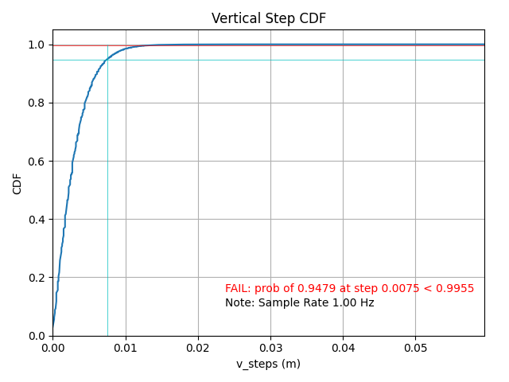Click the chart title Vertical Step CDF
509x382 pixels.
268,19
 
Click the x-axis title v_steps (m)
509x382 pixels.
268,364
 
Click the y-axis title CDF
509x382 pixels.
17,183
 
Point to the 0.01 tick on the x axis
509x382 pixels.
125,348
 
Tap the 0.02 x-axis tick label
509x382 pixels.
198,348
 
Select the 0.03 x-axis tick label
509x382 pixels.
270,348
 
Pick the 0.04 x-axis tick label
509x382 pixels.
343,348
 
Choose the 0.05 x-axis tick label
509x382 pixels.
415,348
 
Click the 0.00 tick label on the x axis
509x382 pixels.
52,348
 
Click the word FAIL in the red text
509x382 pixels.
237,289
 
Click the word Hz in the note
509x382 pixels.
366,303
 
